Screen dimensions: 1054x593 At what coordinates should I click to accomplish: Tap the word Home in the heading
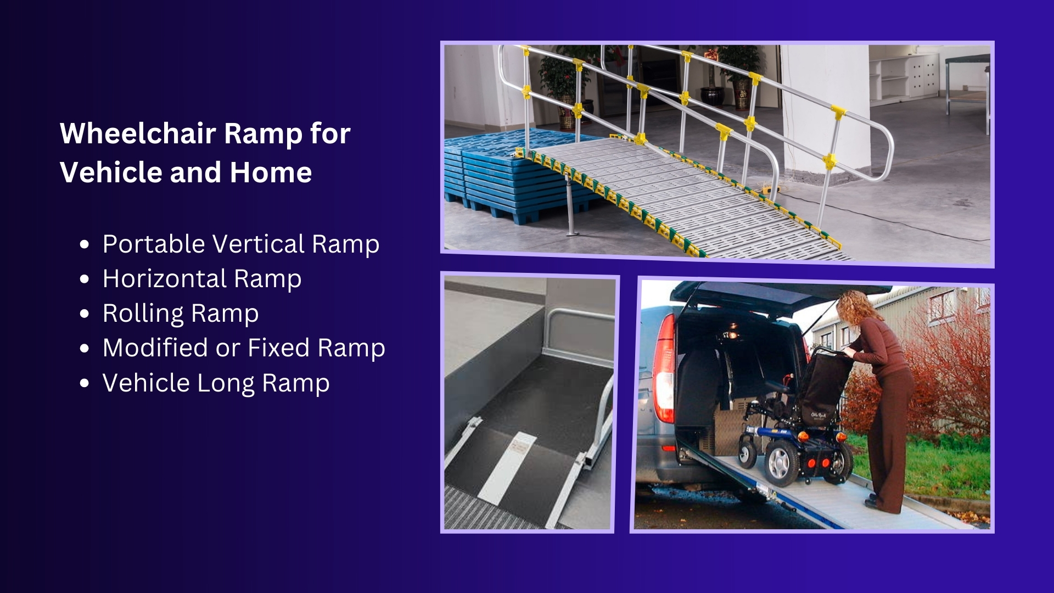click(271, 172)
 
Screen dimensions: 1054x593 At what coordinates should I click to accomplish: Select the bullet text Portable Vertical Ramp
click(241, 244)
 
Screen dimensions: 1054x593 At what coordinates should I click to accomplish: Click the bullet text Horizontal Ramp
click(202, 279)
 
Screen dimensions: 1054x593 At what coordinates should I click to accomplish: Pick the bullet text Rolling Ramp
click(181, 314)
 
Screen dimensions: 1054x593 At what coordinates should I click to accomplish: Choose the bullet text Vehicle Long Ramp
click(216, 383)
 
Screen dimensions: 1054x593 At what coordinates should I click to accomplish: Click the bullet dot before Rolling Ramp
click(84, 314)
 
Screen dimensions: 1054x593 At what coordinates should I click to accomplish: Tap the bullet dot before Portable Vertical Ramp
click(84, 245)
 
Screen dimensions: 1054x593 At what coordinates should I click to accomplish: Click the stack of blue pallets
click(505, 176)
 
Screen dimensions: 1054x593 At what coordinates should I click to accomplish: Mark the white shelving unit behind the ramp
click(906, 77)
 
